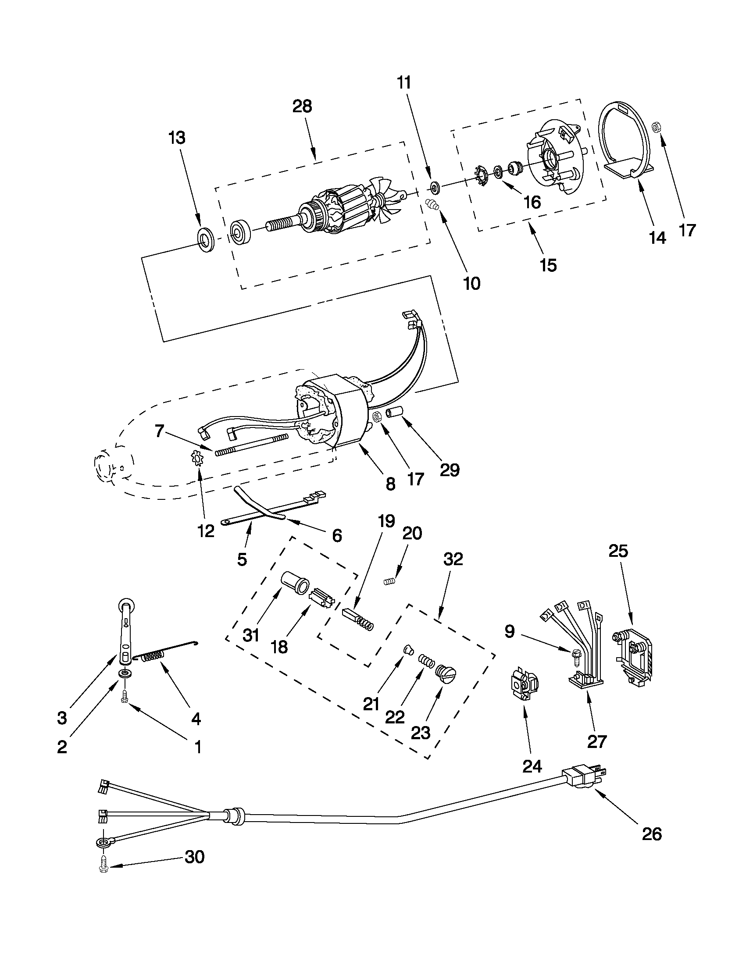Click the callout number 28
pos(302,107)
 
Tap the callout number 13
pos(177,138)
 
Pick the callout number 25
pos(618,551)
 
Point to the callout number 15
pos(548,265)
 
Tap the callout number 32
pos(453,559)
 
